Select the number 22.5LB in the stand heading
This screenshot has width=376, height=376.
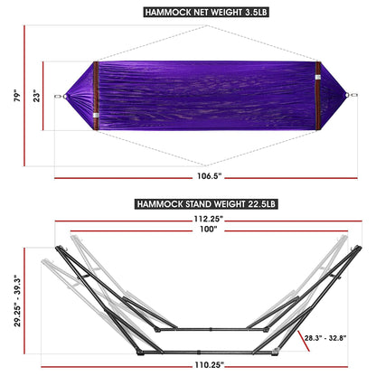[x=258, y=204]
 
